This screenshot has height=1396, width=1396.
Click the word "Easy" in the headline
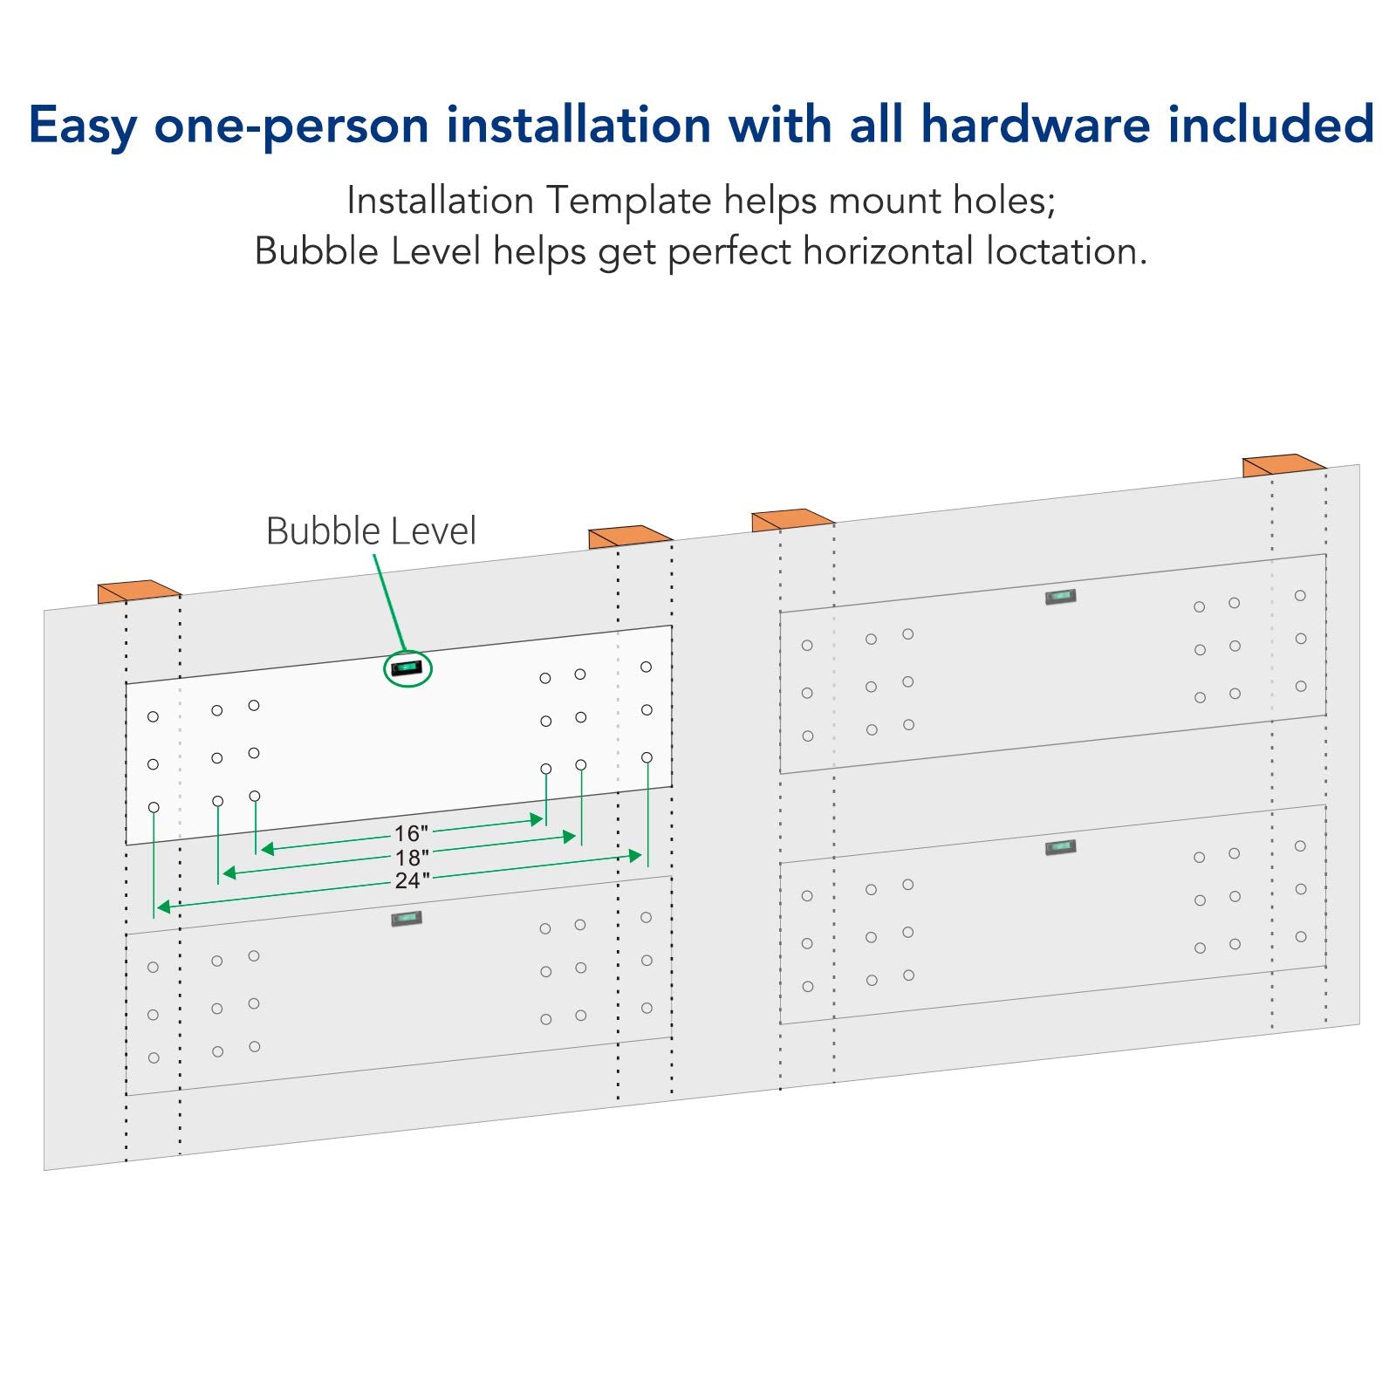click(82, 126)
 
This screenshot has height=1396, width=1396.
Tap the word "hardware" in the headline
click(1036, 124)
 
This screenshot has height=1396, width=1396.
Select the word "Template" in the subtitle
click(629, 202)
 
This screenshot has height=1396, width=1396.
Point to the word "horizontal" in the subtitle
click(887, 252)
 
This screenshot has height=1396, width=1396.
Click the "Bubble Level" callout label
click(371, 531)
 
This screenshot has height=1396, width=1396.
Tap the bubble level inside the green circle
click(407, 669)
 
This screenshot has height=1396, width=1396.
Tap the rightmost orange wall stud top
click(1283, 465)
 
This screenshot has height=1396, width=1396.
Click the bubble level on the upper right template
click(1060, 597)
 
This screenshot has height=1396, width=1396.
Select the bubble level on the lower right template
click(1060, 847)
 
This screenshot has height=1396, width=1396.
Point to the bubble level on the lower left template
click(407, 918)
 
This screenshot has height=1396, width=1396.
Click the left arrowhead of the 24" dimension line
click(163, 907)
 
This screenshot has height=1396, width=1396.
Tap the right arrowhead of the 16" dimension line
click(537, 819)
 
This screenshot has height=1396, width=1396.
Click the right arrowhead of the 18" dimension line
click(570, 837)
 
